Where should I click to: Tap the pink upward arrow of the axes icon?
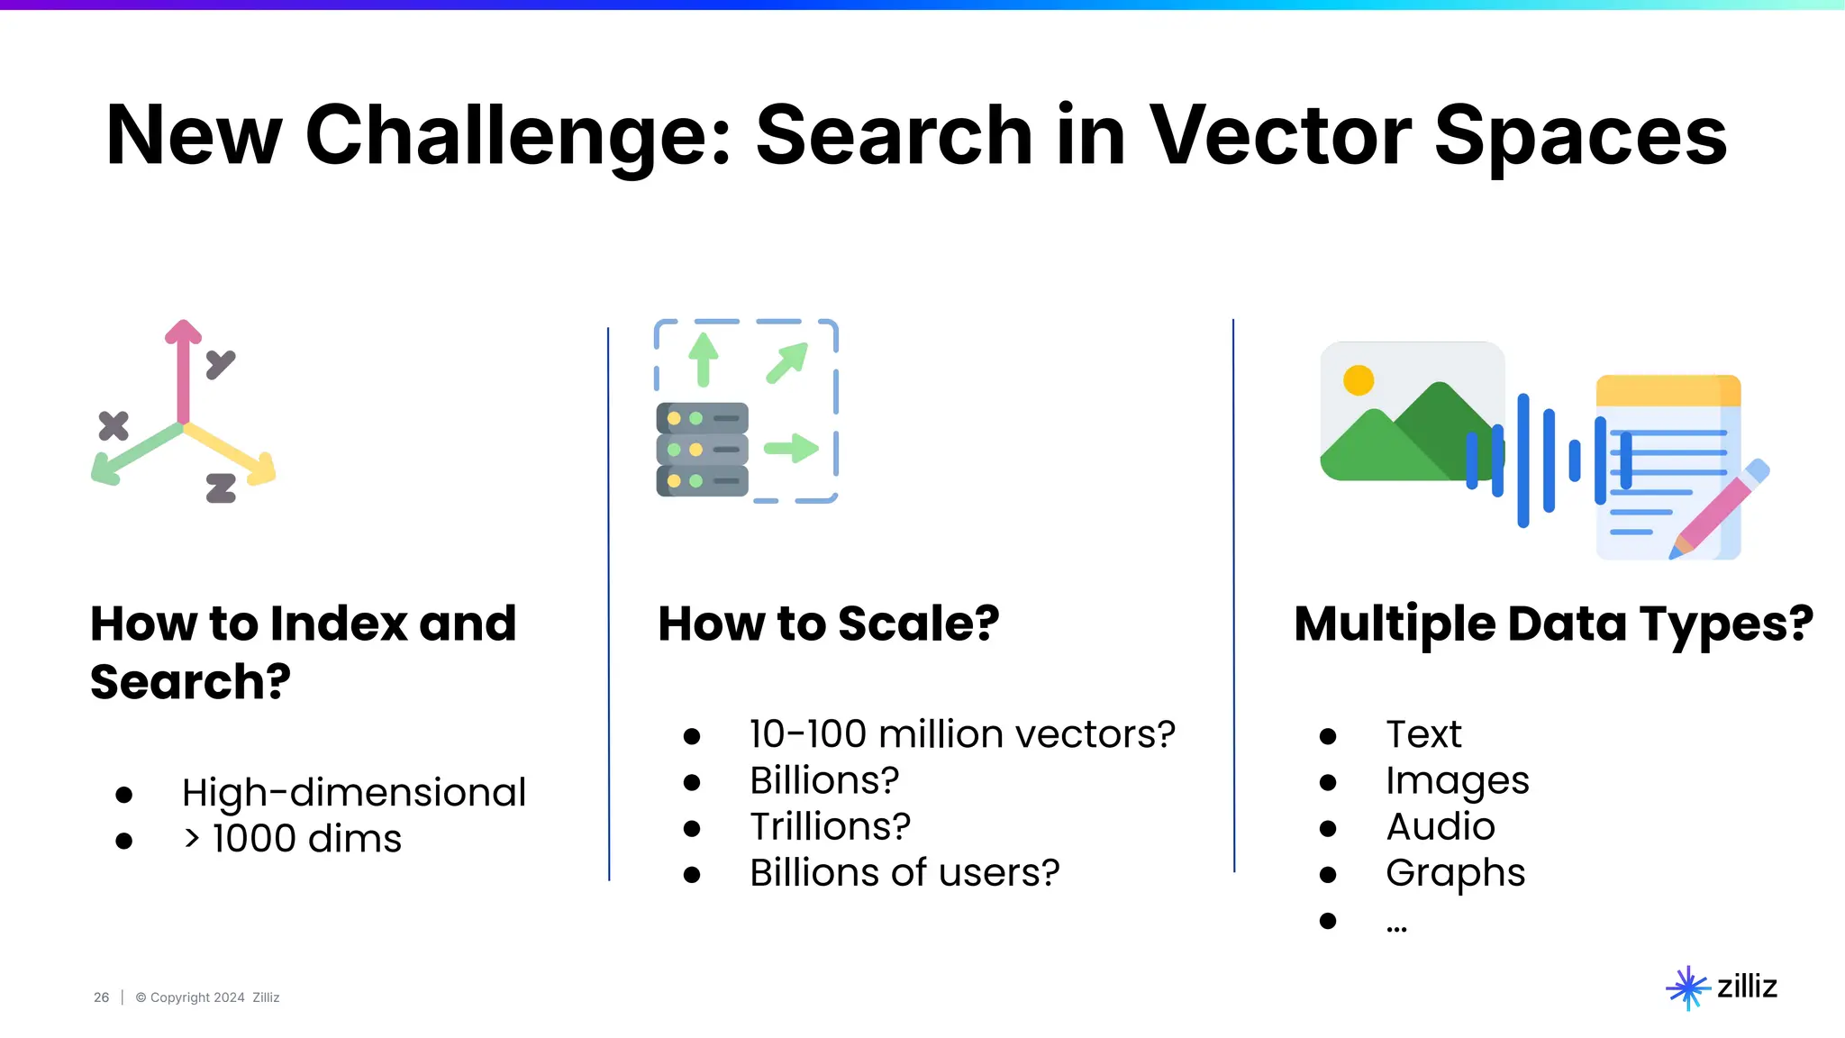coord(183,369)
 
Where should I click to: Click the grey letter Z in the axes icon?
coord(221,487)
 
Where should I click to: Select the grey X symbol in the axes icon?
coord(114,425)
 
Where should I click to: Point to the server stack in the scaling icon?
coord(702,450)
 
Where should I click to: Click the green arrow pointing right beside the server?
coord(791,448)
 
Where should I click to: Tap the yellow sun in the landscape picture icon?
coord(1358,380)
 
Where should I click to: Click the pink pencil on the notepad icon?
coord(1717,511)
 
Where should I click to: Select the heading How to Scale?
coord(829,624)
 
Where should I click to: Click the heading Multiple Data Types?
coord(1553,624)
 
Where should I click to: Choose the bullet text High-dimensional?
coord(353,793)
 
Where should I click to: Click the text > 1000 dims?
coord(293,839)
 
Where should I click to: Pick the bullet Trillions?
coord(830,826)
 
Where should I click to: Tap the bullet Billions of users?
coord(904,872)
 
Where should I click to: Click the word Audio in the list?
coord(1440,826)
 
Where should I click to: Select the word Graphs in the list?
coord(1455,872)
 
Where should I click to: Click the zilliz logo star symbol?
coord(1687,988)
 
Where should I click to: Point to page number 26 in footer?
coord(101,997)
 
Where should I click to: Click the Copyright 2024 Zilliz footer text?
coord(207,997)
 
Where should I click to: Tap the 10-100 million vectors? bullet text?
coord(962,734)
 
